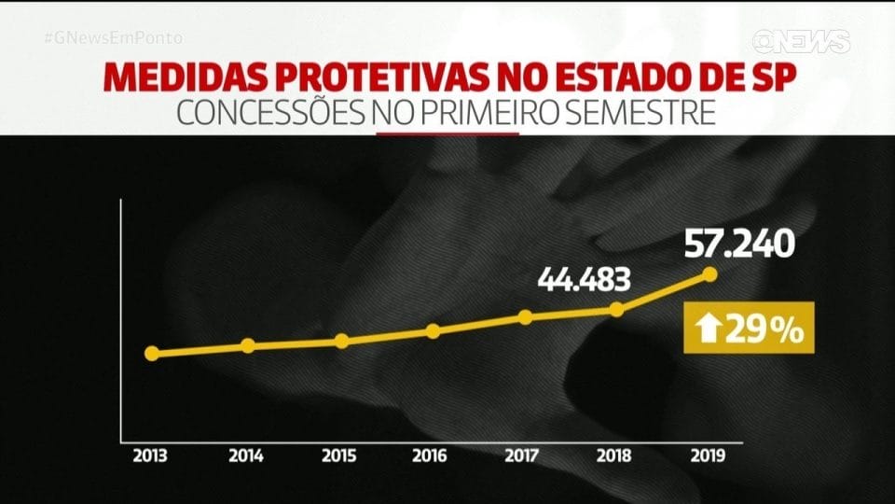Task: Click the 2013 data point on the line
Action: tap(152, 354)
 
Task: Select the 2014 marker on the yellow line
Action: tap(248, 345)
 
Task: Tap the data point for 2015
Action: tap(341, 341)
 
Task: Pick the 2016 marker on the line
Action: tap(433, 330)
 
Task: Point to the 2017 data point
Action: tap(525, 316)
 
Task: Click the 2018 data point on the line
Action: tap(616, 309)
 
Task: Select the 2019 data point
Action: tap(709, 273)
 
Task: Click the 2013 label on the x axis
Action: tap(151, 456)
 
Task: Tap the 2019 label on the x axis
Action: tap(709, 456)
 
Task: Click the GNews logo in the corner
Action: tap(802, 41)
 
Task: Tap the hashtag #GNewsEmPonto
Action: tap(113, 38)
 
